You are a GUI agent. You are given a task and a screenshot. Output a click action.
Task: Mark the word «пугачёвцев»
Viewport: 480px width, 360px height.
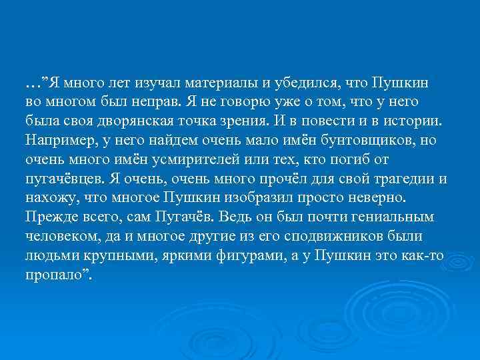pos(63,179)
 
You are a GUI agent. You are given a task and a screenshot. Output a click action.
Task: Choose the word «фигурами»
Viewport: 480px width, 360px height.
pos(247,256)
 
